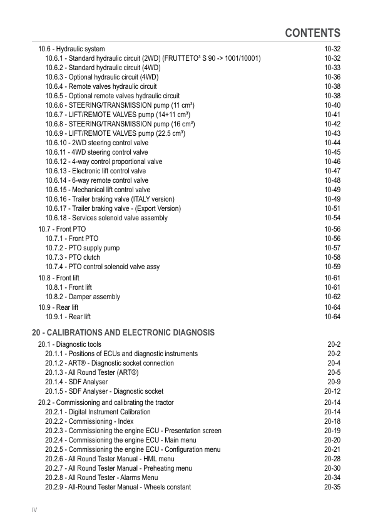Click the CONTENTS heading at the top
(312, 33)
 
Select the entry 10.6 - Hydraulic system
(71, 49)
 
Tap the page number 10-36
(332, 77)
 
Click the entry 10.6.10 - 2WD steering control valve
(96, 143)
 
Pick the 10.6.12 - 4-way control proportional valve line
(103, 161)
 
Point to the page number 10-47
(332, 171)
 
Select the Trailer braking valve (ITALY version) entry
(110, 199)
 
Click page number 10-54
(332, 218)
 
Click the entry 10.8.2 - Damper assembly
(83, 297)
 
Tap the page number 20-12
(332, 391)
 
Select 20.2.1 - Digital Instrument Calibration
(98, 412)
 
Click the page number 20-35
(332, 487)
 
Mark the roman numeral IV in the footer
(34, 510)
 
